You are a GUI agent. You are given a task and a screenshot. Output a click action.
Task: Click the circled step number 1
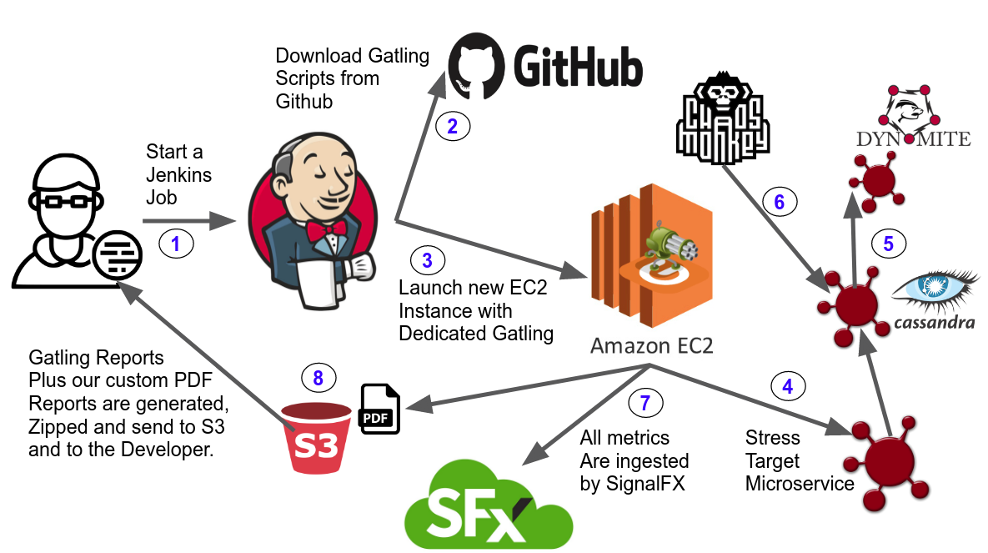pyautogui.click(x=175, y=244)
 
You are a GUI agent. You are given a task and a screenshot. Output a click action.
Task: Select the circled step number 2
pyautogui.click(x=453, y=127)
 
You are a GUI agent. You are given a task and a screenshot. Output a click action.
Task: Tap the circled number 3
pyautogui.click(x=428, y=259)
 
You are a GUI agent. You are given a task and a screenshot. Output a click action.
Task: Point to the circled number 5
pyautogui.click(x=888, y=244)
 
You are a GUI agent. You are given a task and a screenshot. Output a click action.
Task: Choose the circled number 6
pyautogui.click(x=780, y=201)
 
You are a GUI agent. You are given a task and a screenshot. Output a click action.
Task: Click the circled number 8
pyautogui.click(x=318, y=378)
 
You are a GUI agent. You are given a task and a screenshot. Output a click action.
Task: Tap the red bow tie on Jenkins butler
pyautogui.click(x=323, y=229)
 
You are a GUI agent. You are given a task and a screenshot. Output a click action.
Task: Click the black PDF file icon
pyautogui.click(x=379, y=409)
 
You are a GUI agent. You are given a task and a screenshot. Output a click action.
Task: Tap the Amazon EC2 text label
pyautogui.click(x=651, y=345)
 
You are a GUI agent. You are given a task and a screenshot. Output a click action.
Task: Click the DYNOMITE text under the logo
pyautogui.click(x=913, y=138)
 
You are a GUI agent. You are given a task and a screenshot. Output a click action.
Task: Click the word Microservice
pyautogui.click(x=800, y=483)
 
